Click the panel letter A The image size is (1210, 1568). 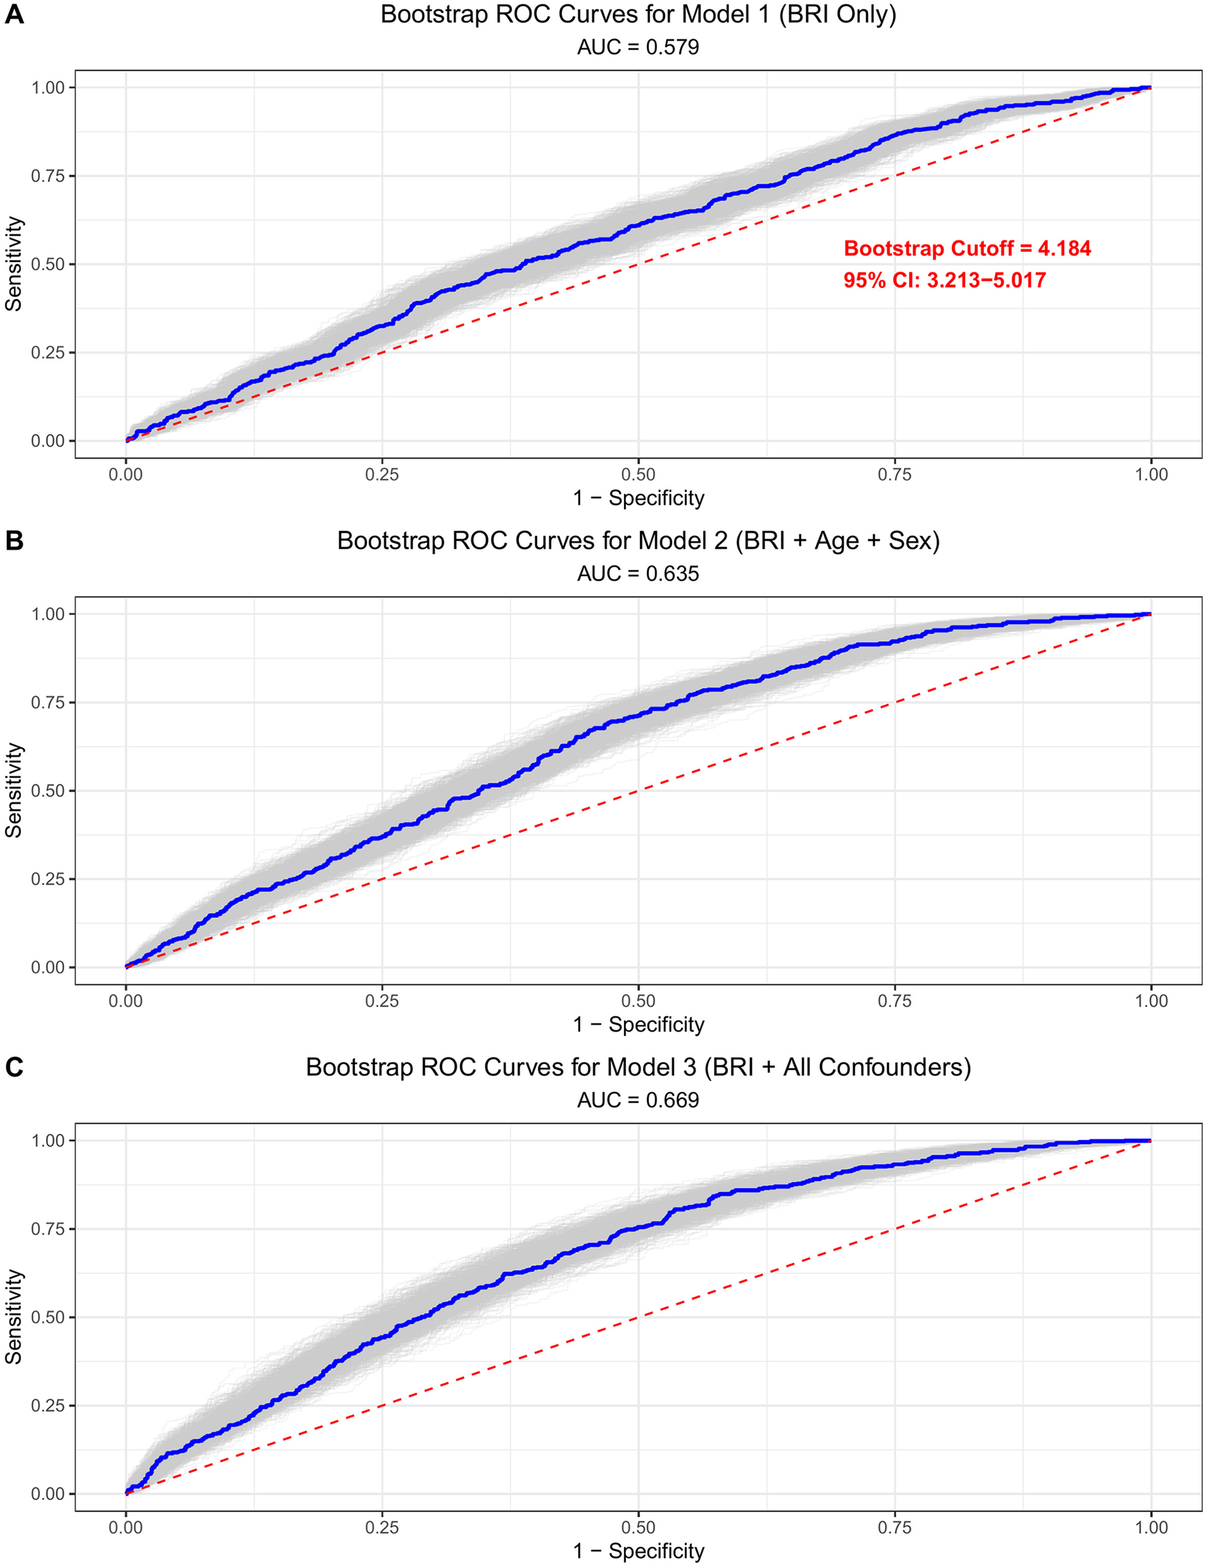coord(15,15)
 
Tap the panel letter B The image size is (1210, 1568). coord(15,540)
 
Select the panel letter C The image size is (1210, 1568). coord(15,1067)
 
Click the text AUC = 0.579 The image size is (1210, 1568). coord(637,47)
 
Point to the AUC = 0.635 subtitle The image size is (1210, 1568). coord(637,574)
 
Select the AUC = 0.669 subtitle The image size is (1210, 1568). coord(637,1100)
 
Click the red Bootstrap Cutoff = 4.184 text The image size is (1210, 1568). coord(967,248)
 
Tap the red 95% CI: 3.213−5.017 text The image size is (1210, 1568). coord(944,280)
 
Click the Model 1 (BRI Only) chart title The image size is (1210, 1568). coord(637,15)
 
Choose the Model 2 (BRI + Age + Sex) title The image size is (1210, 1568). coord(637,540)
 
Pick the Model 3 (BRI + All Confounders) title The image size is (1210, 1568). coord(637,1067)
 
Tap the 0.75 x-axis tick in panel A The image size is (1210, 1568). coord(895,474)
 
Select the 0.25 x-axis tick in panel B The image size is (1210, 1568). coord(382,1001)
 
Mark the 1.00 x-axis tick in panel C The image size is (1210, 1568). coord(1151,1527)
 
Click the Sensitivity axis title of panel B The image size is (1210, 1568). coord(15,790)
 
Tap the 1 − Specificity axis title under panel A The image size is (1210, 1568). coord(637,498)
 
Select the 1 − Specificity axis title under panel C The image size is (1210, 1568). coord(637,1551)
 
